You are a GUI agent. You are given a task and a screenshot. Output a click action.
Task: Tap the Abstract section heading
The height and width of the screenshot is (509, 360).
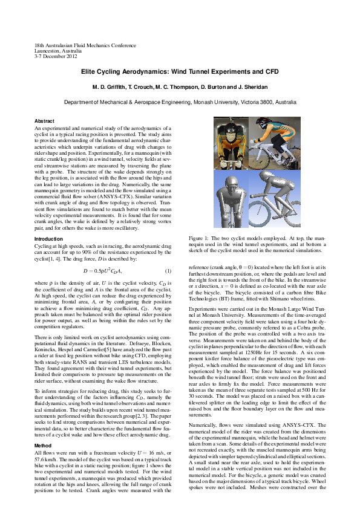[x=44, y=122]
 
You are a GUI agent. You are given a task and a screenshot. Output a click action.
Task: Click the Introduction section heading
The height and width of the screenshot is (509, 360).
[x=48, y=239]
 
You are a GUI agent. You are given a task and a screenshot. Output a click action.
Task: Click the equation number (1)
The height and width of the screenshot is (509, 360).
[x=168, y=270]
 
